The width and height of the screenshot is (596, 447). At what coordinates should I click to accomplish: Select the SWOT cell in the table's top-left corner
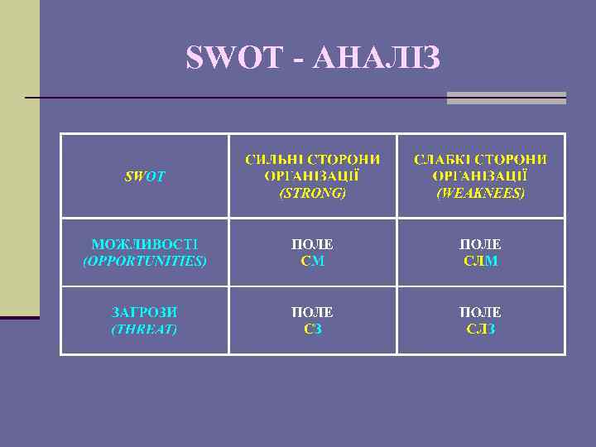pyautogui.click(x=144, y=176)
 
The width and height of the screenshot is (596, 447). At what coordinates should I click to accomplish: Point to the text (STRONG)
pyautogui.click(x=312, y=193)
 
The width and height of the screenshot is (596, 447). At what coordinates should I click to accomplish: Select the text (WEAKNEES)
pyautogui.click(x=481, y=193)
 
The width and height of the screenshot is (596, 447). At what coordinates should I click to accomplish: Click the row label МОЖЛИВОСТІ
pyautogui.click(x=144, y=244)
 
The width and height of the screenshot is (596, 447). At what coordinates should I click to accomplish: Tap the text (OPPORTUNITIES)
pyautogui.click(x=144, y=261)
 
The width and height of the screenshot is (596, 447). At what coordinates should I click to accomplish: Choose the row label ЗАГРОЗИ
pyautogui.click(x=144, y=312)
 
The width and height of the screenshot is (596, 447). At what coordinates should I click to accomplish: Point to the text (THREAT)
pyautogui.click(x=144, y=329)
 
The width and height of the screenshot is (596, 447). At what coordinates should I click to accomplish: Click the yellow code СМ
pyautogui.click(x=312, y=261)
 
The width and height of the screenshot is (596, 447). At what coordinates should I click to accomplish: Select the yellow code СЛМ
pyautogui.click(x=481, y=261)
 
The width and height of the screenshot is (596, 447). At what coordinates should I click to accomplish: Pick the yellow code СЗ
pyautogui.click(x=312, y=329)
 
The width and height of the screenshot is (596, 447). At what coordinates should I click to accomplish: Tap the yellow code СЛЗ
pyautogui.click(x=481, y=329)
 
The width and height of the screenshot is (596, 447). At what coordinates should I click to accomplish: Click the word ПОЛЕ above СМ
pyautogui.click(x=312, y=244)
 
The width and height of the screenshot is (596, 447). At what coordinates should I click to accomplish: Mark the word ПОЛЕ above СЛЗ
pyautogui.click(x=481, y=312)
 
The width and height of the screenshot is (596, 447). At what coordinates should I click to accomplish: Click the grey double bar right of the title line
pyautogui.click(x=506, y=98)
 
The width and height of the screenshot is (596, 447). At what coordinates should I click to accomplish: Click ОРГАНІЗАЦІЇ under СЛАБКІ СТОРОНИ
pyautogui.click(x=481, y=175)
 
